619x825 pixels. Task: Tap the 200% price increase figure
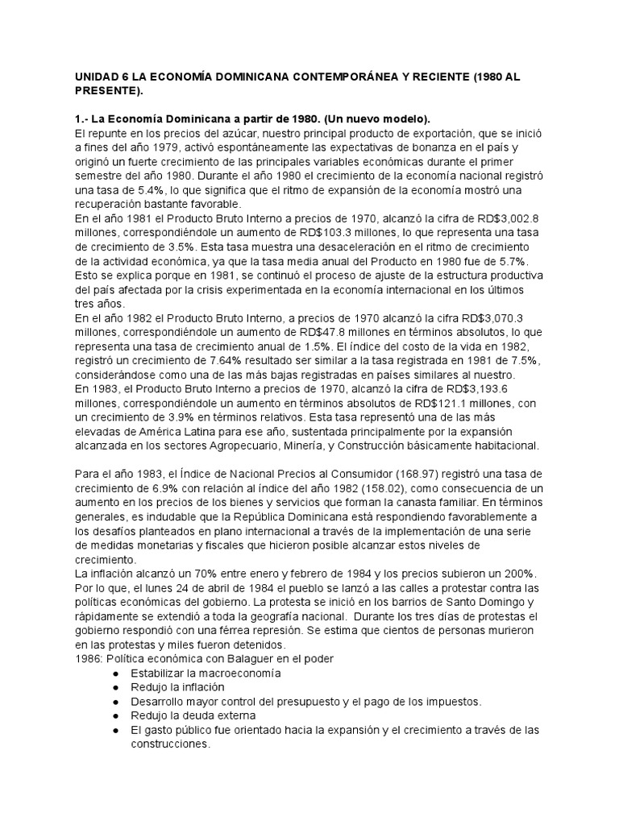point(482,575)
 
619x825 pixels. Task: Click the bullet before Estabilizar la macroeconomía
point(116,674)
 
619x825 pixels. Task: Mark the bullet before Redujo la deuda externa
point(116,715)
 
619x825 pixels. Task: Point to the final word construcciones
point(168,745)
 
